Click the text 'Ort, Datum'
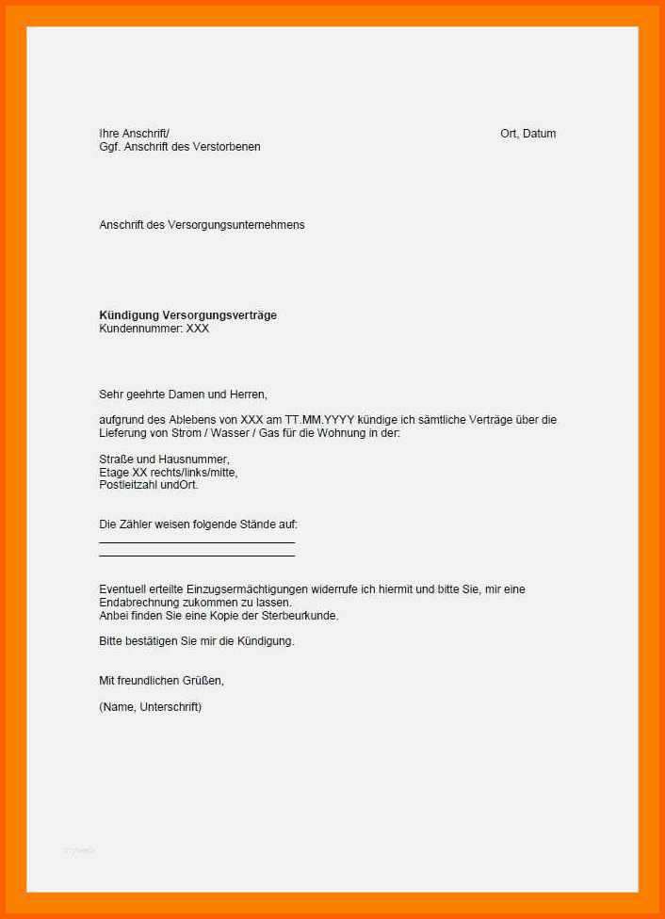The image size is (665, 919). click(527, 134)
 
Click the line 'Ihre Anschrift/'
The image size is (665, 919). click(135, 134)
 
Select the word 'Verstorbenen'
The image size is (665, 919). click(229, 147)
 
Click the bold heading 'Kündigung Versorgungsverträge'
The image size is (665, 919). click(188, 315)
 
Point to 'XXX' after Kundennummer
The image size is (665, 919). click(198, 329)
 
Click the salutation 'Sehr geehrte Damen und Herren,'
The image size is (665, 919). click(183, 395)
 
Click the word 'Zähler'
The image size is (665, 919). click(136, 524)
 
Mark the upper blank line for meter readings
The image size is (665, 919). click(197, 542)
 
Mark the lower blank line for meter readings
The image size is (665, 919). click(197, 556)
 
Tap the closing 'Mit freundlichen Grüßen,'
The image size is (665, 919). click(161, 680)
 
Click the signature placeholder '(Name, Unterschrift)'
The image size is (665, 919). click(150, 706)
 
